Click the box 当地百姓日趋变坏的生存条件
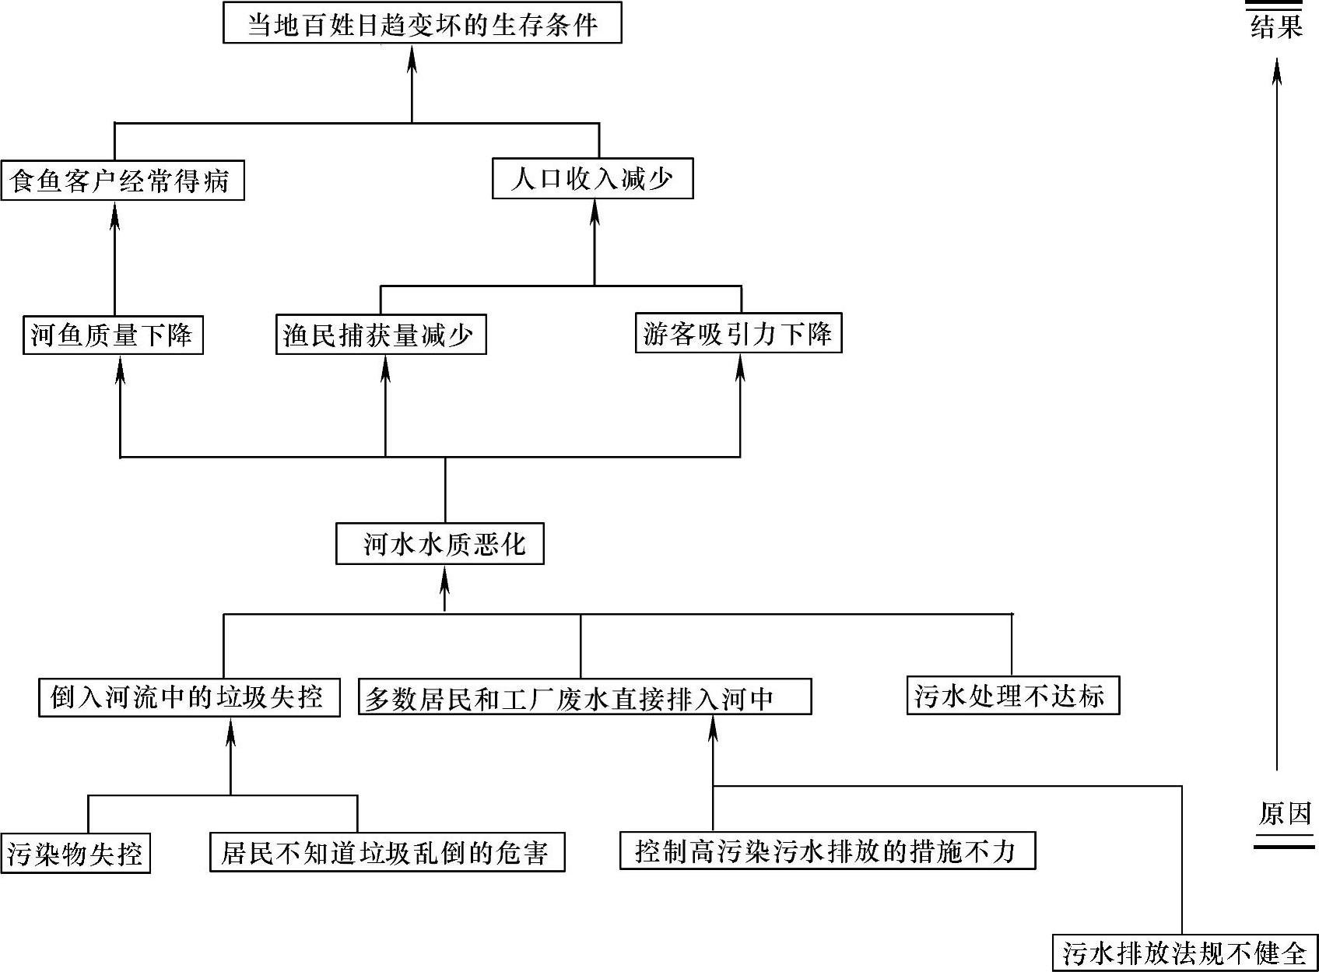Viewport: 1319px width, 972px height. [x=422, y=23]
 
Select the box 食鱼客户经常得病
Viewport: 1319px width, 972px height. [x=122, y=181]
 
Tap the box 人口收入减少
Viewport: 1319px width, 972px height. [x=592, y=179]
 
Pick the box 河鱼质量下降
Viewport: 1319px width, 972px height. [x=113, y=335]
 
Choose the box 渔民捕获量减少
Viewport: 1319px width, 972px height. [x=381, y=335]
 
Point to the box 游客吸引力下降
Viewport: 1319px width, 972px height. [x=738, y=333]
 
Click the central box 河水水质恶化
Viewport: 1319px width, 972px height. [x=440, y=543]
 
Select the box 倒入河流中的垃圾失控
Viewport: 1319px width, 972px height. [x=189, y=697]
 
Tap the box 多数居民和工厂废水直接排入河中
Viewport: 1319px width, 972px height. [x=584, y=697]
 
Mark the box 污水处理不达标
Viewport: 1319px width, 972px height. [x=1012, y=695]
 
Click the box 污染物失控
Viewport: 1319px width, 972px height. [x=75, y=854]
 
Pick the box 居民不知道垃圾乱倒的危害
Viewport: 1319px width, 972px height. [x=387, y=852]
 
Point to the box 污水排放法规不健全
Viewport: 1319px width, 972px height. [x=1184, y=953]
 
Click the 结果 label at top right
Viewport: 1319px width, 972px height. [x=1276, y=26]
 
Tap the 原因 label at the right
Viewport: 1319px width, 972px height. [x=1285, y=814]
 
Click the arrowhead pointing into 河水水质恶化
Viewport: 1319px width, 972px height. [x=444, y=578]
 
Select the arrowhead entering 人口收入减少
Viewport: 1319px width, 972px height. [x=595, y=211]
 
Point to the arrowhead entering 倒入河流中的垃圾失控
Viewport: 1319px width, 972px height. [x=230, y=732]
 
